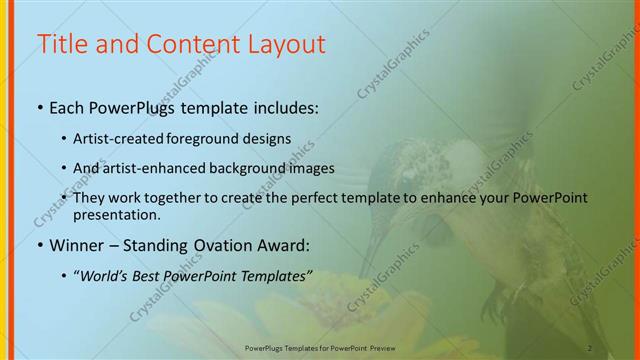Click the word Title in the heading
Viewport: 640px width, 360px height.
61,45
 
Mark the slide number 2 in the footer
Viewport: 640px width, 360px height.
590,348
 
